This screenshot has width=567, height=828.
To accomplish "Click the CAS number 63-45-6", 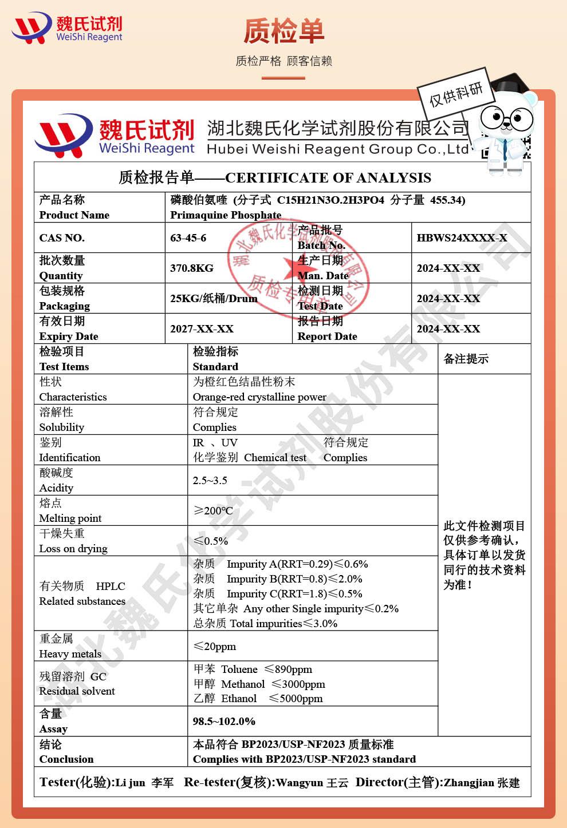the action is pyautogui.click(x=188, y=238).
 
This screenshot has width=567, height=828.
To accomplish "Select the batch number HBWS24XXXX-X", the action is pyautogui.click(x=462, y=238).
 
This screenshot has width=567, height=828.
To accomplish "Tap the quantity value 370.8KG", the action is pyautogui.click(x=192, y=268).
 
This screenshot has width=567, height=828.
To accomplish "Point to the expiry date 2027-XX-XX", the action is pyautogui.click(x=202, y=329).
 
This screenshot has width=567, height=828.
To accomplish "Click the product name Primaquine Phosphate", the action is pyautogui.click(x=226, y=215).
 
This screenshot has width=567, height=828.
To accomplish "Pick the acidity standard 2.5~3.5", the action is pyautogui.click(x=210, y=481).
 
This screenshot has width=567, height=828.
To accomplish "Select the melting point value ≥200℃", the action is pyautogui.click(x=213, y=510).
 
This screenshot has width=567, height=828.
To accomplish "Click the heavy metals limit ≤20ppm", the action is pyautogui.click(x=215, y=647).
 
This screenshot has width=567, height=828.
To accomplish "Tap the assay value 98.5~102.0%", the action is pyautogui.click(x=224, y=722).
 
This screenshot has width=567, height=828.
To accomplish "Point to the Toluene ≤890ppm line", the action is pyautogui.click(x=253, y=669).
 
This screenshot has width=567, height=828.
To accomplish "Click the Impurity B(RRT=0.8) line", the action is pyautogui.click(x=278, y=579).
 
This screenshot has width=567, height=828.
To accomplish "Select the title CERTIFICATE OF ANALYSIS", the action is pyautogui.click(x=328, y=178).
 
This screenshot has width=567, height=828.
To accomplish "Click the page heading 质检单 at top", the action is pyautogui.click(x=283, y=31).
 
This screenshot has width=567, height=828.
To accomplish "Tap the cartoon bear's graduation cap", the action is pyautogui.click(x=511, y=85).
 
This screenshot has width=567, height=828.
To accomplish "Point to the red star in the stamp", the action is pyautogui.click(x=293, y=267).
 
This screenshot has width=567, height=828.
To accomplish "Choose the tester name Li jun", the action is pyautogui.click(x=130, y=783).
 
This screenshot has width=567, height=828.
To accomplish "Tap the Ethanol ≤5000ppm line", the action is pyautogui.click(x=258, y=699).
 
